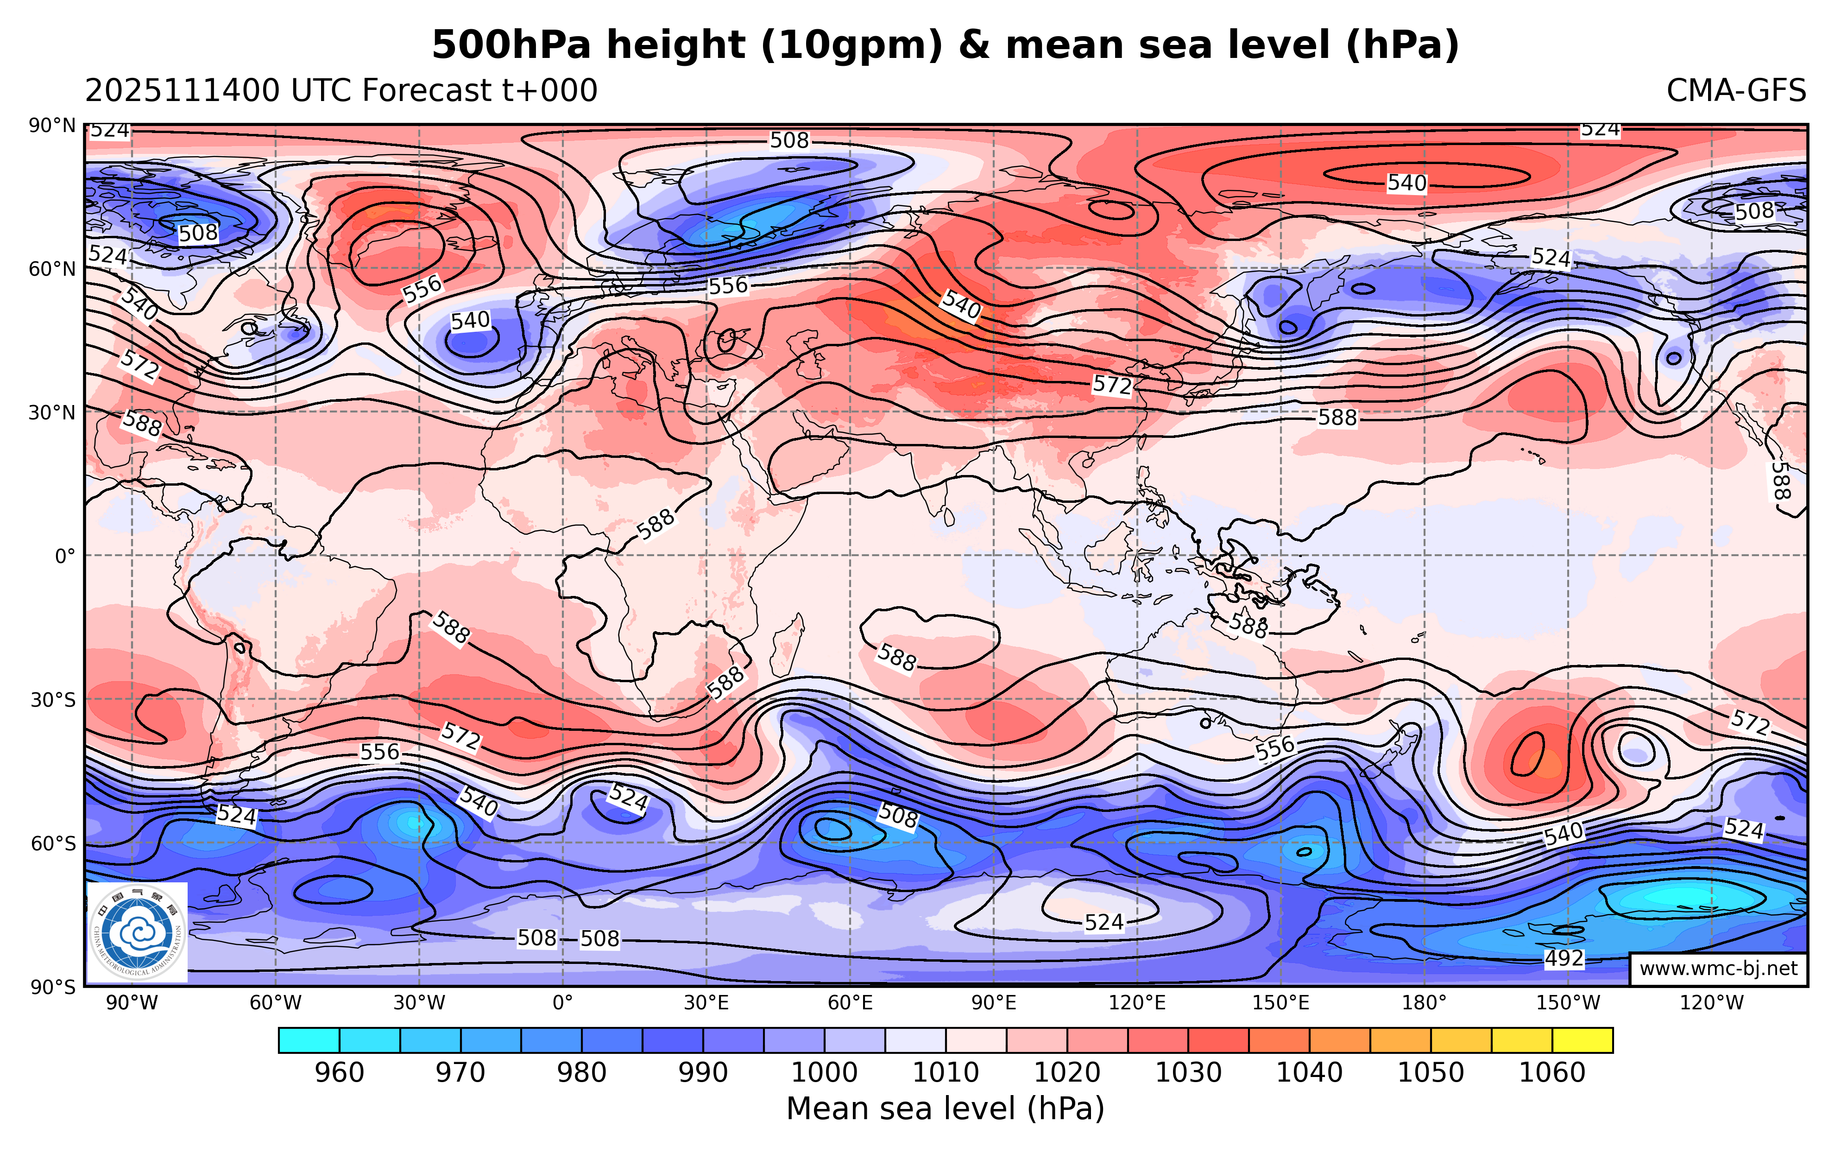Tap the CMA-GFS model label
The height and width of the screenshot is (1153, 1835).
(1735, 91)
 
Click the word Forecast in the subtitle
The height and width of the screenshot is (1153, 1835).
(427, 91)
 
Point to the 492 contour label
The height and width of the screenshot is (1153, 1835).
(1564, 958)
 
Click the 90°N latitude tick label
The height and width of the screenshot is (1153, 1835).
(52, 126)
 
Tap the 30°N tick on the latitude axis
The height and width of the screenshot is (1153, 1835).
(52, 413)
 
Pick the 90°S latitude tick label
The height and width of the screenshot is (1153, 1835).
(52, 988)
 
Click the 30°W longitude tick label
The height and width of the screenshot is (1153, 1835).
(419, 1003)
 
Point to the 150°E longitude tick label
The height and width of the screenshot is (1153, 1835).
(1281, 1003)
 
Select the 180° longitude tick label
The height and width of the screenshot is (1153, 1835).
(1424, 1003)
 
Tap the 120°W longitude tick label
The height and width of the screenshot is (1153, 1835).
(1712, 1003)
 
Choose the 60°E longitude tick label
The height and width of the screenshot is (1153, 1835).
(851, 1003)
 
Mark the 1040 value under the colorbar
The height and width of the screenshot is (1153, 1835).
(1309, 1073)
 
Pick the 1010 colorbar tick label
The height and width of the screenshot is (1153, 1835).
(946, 1073)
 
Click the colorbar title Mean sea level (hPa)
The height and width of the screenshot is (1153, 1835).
(945, 1109)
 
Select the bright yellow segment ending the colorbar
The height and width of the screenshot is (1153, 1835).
(1582, 1040)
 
